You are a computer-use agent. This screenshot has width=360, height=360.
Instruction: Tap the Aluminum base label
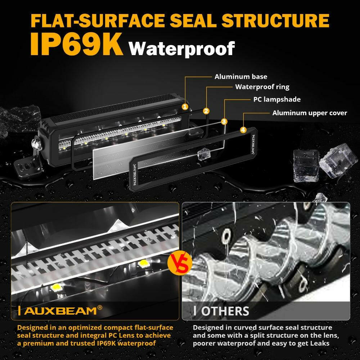241,77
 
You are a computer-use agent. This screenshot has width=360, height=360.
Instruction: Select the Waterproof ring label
262,87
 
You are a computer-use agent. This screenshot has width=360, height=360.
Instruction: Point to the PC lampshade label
276,99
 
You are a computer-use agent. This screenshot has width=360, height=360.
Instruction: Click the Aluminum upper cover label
310,113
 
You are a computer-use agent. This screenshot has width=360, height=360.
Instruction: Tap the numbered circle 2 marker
206,111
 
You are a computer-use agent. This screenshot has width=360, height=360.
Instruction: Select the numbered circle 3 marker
224,122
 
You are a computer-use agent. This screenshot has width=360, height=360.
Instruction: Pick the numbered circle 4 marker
243,130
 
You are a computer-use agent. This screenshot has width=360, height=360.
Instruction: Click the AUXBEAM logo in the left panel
59,310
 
